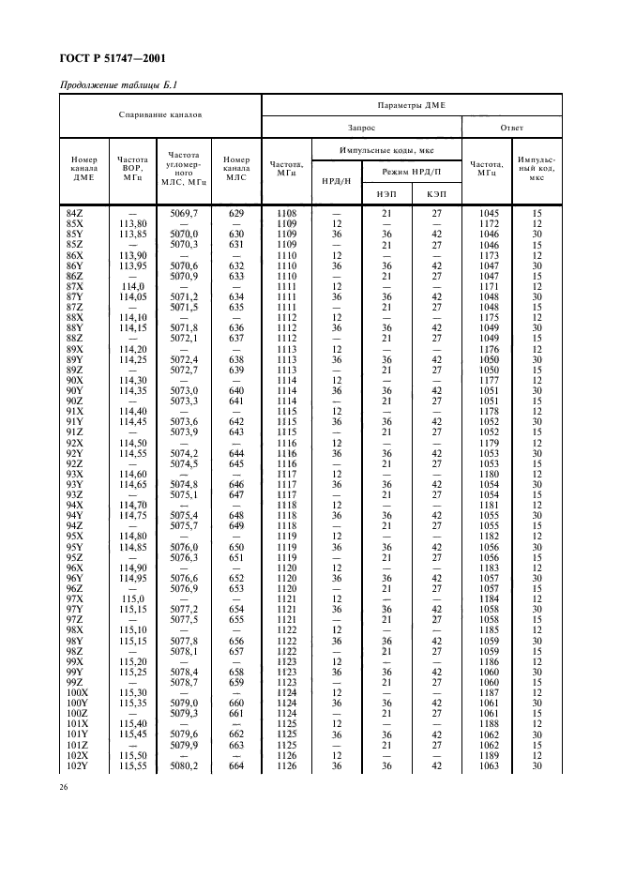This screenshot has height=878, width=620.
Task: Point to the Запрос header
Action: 361,128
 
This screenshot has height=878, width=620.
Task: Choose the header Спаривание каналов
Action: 160,115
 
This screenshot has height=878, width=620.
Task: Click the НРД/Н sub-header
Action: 336,181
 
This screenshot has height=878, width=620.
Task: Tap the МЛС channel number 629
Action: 235,214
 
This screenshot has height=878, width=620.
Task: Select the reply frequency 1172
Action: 488,223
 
